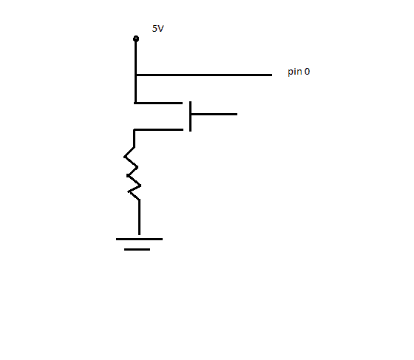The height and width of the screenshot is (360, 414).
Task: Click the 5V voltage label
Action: (158, 29)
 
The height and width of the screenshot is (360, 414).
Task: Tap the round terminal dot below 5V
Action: (136, 38)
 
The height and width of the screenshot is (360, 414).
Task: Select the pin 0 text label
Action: (299, 72)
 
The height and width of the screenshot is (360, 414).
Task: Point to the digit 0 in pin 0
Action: (307, 71)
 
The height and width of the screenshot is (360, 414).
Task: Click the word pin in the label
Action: (295, 72)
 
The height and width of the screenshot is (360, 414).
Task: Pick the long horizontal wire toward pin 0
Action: (204, 75)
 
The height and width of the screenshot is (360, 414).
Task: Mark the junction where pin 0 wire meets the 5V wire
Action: (136, 75)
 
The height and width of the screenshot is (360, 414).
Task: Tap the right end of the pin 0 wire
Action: (272, 75)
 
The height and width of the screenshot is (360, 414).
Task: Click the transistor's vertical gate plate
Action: (191, 116)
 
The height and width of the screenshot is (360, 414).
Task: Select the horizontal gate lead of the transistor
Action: (214, 115)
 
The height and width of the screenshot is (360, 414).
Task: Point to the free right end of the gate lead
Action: (237, 115)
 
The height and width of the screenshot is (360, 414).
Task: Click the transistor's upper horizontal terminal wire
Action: (158, 103)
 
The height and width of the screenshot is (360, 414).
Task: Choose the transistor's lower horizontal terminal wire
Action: (159, 129)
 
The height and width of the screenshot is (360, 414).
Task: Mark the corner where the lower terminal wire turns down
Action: (135, 129)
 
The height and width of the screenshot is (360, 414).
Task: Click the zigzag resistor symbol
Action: (132, 173)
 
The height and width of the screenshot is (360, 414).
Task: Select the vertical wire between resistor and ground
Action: (140, 217)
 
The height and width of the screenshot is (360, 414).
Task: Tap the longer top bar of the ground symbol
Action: (139, 239)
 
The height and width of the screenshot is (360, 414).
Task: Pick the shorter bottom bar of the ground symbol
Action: (137, 249)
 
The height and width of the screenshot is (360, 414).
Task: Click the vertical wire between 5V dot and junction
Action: (136, 57)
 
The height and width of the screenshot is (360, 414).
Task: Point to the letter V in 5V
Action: (160, 29)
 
